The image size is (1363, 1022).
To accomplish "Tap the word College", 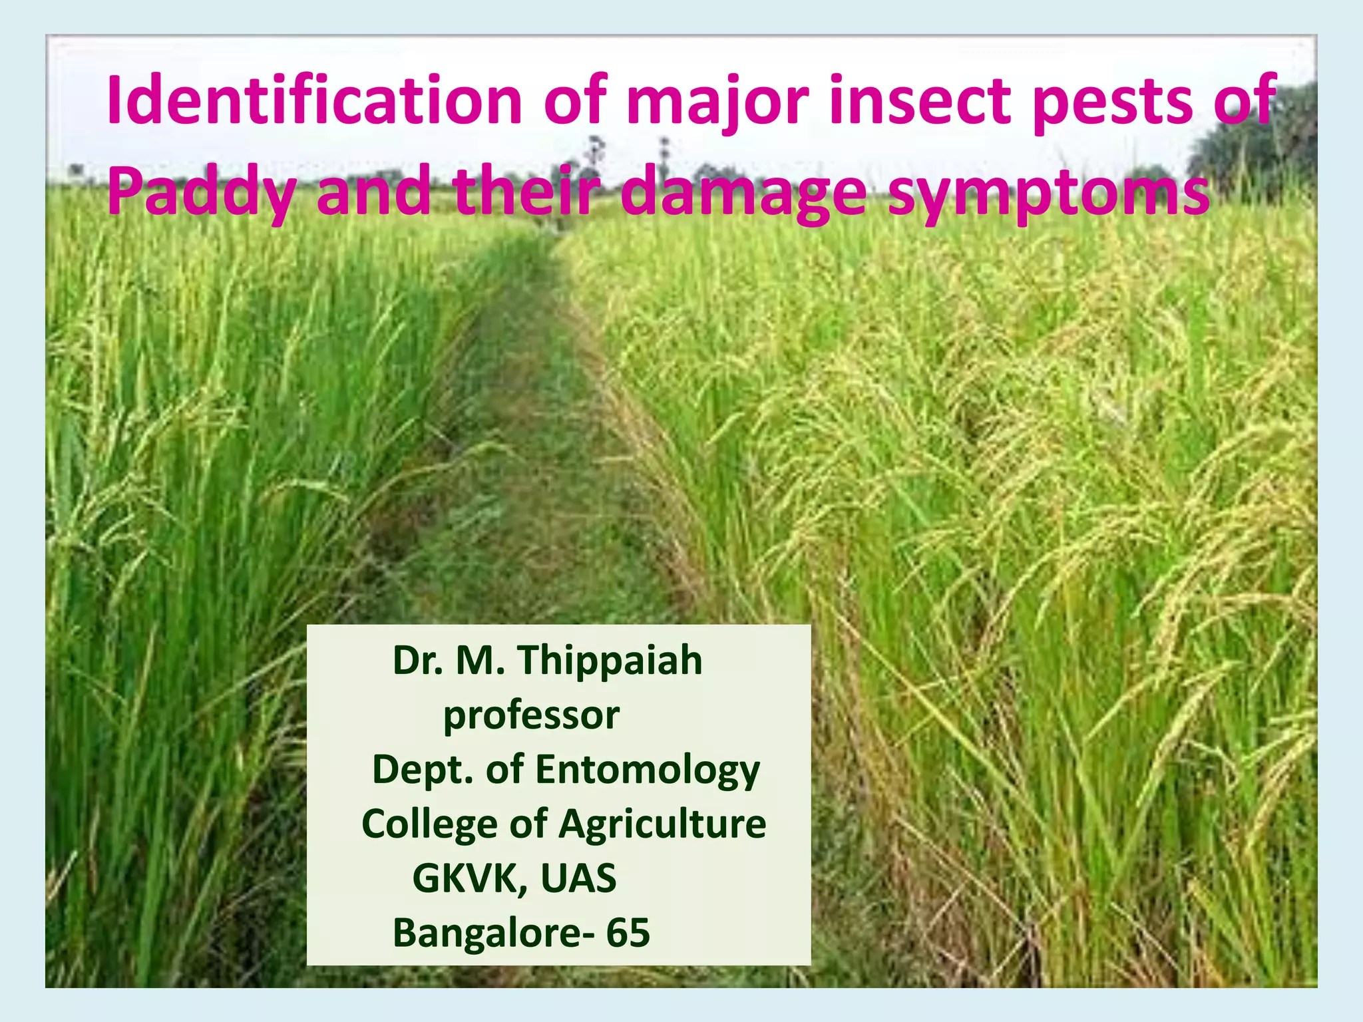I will [429, 826].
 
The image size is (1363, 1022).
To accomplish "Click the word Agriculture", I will [662, 826].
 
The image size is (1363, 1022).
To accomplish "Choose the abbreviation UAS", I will [578, 878].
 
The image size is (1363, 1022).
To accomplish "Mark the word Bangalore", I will [487, 933].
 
